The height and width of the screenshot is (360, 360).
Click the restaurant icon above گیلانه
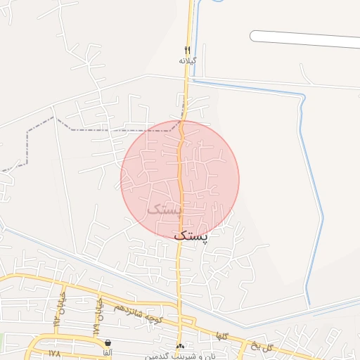click(187, 50)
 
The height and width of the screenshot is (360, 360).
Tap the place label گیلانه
click(187, 60)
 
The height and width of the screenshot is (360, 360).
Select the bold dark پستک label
click(191, 236)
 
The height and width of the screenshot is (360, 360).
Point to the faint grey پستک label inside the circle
click(163, 209)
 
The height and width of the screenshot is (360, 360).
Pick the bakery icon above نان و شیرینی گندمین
click(181, 346)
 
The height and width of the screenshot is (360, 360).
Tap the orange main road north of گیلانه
click(190, 21)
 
